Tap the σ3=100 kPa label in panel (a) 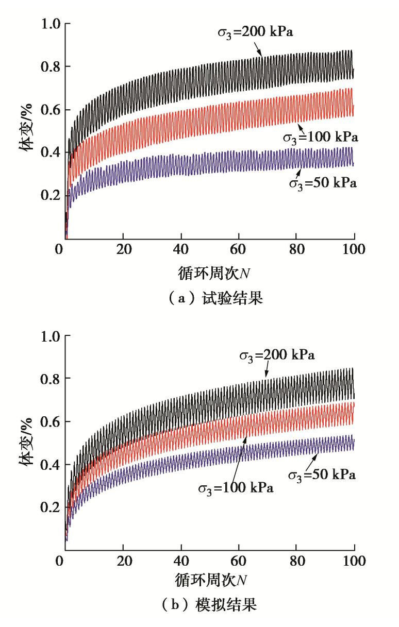[320, 138]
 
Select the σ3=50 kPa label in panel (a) [322, 182]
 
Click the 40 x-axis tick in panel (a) [181, 250]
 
